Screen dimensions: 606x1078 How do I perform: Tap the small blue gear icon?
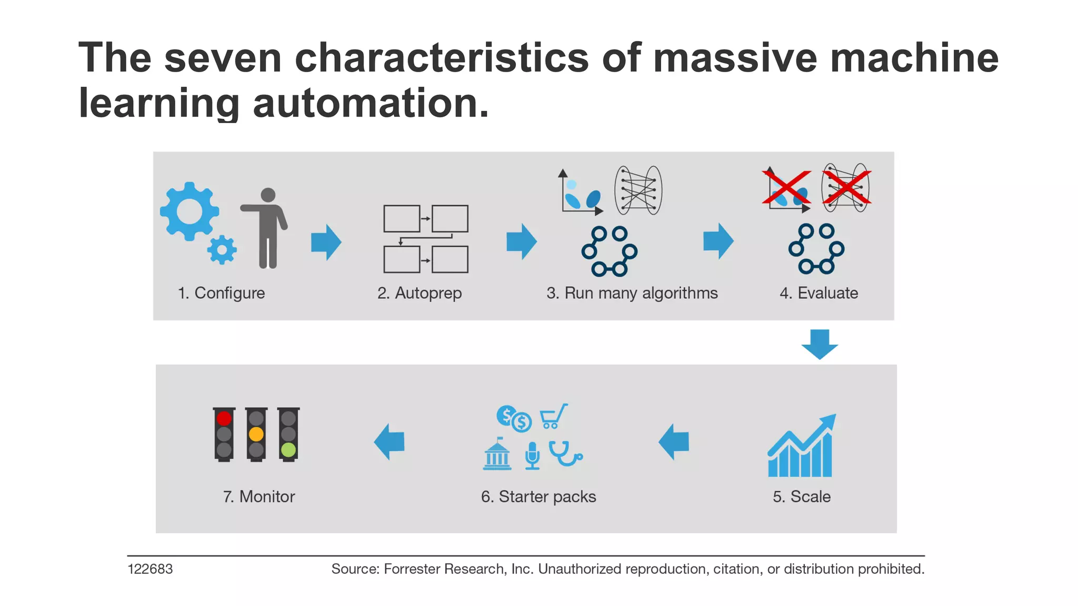(222, 249)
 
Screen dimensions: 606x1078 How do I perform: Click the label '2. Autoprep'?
(420, 293)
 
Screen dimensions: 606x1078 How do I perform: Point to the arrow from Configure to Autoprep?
(326, 242)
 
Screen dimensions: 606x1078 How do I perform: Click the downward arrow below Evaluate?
(820, 344)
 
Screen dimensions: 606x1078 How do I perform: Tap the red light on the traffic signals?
(224, 418)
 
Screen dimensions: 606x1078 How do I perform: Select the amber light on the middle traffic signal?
(256, 435)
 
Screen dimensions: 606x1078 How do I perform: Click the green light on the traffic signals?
(288, 450)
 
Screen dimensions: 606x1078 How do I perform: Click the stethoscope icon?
(565, 453)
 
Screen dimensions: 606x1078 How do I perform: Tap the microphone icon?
(532, 455)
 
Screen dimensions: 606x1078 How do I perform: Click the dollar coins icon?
(514, 418)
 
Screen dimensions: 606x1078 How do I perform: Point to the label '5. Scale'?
(802, 497)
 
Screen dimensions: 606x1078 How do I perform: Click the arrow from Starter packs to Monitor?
(390, 442)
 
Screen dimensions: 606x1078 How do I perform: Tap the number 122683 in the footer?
(150, 569)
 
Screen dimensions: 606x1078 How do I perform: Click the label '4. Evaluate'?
(819, 293)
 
